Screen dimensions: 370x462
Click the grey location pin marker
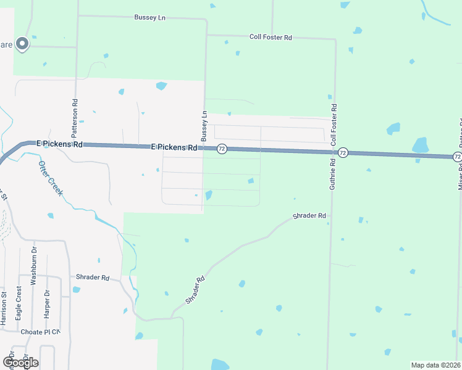22,43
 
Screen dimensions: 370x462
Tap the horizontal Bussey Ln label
150,17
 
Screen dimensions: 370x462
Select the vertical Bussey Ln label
204,125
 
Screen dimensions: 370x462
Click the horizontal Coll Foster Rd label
271,38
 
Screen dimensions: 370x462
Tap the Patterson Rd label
75,118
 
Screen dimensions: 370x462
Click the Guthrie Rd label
332,174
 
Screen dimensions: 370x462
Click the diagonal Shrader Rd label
195,290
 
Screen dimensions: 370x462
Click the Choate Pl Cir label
40,332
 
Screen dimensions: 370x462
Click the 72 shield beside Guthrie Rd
343,152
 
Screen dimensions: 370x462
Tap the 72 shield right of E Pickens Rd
222,149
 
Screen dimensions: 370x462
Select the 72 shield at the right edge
457,157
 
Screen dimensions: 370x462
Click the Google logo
20,362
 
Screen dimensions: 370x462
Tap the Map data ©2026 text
435,365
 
